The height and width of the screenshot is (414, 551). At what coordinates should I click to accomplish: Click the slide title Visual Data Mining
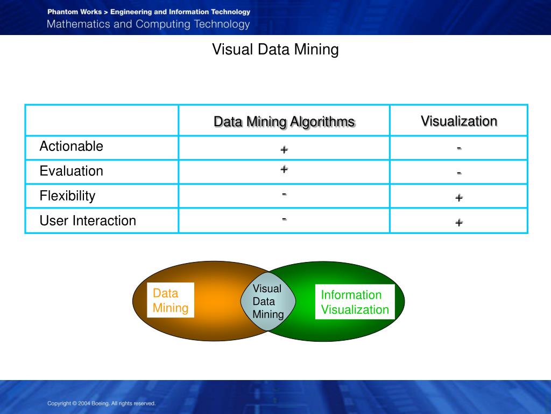tap(275, 50)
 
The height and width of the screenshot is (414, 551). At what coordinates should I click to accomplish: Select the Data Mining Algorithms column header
tap(284, 121)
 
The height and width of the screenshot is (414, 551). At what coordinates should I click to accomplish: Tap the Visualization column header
tap(458, 121)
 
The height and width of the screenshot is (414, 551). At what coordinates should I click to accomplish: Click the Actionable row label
tap(71, 146)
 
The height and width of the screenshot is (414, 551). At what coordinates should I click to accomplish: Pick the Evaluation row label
tap(71, 171)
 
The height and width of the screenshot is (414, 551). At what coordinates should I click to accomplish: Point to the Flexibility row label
tap(67, 196)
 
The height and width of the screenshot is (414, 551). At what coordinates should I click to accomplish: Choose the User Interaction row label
tap(88, 220)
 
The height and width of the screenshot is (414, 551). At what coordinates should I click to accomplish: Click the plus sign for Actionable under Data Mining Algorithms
tap(284, 149)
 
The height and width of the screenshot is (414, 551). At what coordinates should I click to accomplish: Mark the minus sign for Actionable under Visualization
tap(459, 148)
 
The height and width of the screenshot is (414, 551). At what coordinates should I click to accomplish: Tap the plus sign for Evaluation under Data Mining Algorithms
tap(284, 169)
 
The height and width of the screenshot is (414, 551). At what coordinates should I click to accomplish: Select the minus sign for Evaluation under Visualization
tap(459, 173)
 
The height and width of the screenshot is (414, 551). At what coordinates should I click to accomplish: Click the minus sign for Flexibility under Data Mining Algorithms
tap(284, 194)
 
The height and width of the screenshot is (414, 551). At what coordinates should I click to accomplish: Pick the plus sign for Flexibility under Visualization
tap(459, 198)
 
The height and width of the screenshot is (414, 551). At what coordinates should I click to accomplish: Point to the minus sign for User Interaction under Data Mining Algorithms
tap(284, 218)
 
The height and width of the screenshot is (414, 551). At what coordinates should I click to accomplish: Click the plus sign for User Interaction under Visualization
tap(459, 222)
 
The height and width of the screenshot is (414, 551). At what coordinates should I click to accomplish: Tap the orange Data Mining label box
tap(171, 301)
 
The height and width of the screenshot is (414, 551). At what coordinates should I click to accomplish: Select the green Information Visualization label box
tap(355, 302)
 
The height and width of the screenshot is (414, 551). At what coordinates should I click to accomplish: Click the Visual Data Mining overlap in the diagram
tap(267, 301)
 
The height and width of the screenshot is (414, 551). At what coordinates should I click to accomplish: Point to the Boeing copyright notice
tap(101, 403)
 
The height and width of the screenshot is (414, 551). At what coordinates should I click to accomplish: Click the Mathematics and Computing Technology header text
tap(148, 24)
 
